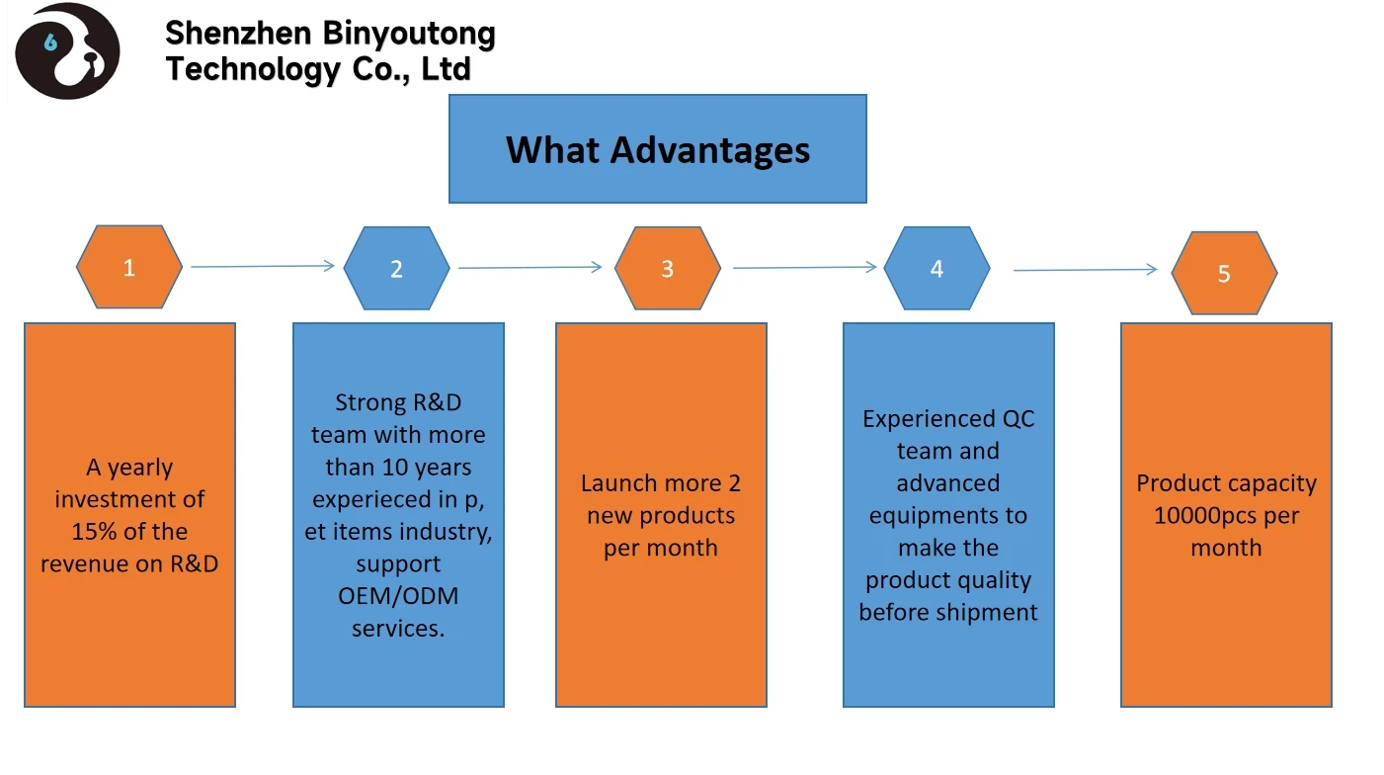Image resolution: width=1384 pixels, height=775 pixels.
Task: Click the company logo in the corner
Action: point(67,51)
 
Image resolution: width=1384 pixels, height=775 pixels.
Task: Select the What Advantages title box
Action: point(657,149)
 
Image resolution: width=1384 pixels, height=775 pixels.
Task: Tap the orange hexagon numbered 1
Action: point(129,267)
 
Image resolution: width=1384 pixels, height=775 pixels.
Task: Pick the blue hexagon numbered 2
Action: point(396,268)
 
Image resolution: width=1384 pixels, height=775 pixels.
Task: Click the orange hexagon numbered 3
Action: point(667,268)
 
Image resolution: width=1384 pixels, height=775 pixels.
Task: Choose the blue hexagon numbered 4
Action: point(936,268)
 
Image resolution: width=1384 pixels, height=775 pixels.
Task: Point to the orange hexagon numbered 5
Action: point(1224,273)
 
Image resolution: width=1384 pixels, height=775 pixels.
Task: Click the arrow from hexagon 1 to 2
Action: point(263,266)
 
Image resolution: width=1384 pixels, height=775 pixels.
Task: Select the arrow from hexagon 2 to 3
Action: point(530,267)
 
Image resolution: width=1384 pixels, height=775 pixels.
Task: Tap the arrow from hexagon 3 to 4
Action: point(805,267)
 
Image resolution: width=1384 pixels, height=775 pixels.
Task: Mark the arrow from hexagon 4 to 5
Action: point(1085,270)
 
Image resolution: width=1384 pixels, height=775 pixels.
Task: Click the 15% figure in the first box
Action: point(94,532)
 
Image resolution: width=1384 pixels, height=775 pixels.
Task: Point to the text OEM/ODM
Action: point(398,596)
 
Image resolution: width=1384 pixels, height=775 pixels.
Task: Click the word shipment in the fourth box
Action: point(988,612)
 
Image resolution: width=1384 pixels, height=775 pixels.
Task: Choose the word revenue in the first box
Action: point(83,564)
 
